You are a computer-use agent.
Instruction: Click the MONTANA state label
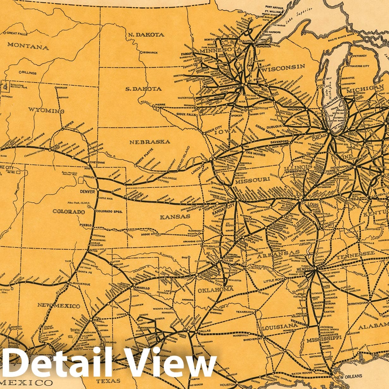pyautogui.click(x=28, y=47)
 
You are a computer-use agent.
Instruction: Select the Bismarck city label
pyautogui.click(x=150, y=52)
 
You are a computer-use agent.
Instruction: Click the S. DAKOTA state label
pyautogui.click(x=143, y=89)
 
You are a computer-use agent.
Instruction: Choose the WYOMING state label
pyautogui.click(x=46, y=111)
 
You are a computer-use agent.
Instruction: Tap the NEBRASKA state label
pyautogui.click(x=149, y=142)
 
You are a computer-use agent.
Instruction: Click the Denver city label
pyautogui.click(x=88, y=191)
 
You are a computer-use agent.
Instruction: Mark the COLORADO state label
pyautogui.click(x=69, y=211)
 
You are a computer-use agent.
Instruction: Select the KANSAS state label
pyautogui.click(x=175, y=217)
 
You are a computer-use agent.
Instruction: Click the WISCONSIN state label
pyautogui.click(x=283, y=67)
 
